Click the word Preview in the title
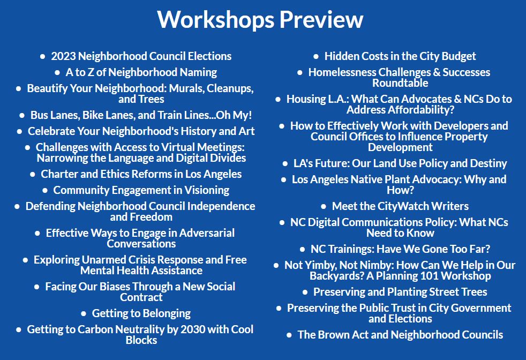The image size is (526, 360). tap(321, 19)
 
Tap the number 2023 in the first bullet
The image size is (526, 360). tap(63, 56)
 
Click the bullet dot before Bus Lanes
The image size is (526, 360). tap(22, 115)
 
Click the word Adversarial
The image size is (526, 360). tap(207, 233)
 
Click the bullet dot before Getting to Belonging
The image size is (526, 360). tap(84, 314)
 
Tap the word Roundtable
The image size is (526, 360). tap(400, 83)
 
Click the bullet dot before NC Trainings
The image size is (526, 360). tap(302, 249)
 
